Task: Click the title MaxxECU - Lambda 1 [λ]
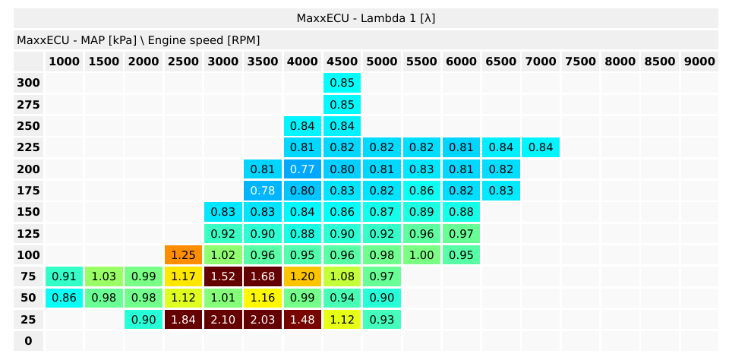pyautogui.click(x=365, y=17)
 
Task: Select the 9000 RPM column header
pyautogui.click(x=699, y=62)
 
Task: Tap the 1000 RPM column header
pyautogui.click(x=65, y=62)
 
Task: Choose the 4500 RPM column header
pyautogui.click(x=342, y=62)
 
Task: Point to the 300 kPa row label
pyautogui.click(x=28, y=82)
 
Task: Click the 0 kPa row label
pyautogui.click(x=28, y=341)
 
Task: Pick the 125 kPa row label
pyautogui.click(x=28, y=233)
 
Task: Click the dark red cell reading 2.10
pyautogui.click(x=223, y=320)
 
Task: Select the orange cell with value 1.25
pyautogui.click(x=184, y=255)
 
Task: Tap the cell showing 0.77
pyautogui.click(x=302, y=169)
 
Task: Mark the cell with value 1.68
pyautogui.click(x=263, y=276)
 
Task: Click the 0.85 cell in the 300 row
pyautogui.click(x=342, y=82)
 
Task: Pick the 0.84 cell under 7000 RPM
pyautogui.click(x=540, y=147)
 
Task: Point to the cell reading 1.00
pyautogui.click(x=421, y=255)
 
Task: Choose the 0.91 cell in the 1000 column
pyautogui.click(x=65, y=276)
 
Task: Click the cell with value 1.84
pyautogui.click(x=184, y=320)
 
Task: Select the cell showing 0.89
pyautogui.click(x=421, y=212)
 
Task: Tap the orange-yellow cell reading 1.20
pyautogui.click(x=302, y=276)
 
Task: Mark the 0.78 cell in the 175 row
pyautogui.click(x=263, y=191)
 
